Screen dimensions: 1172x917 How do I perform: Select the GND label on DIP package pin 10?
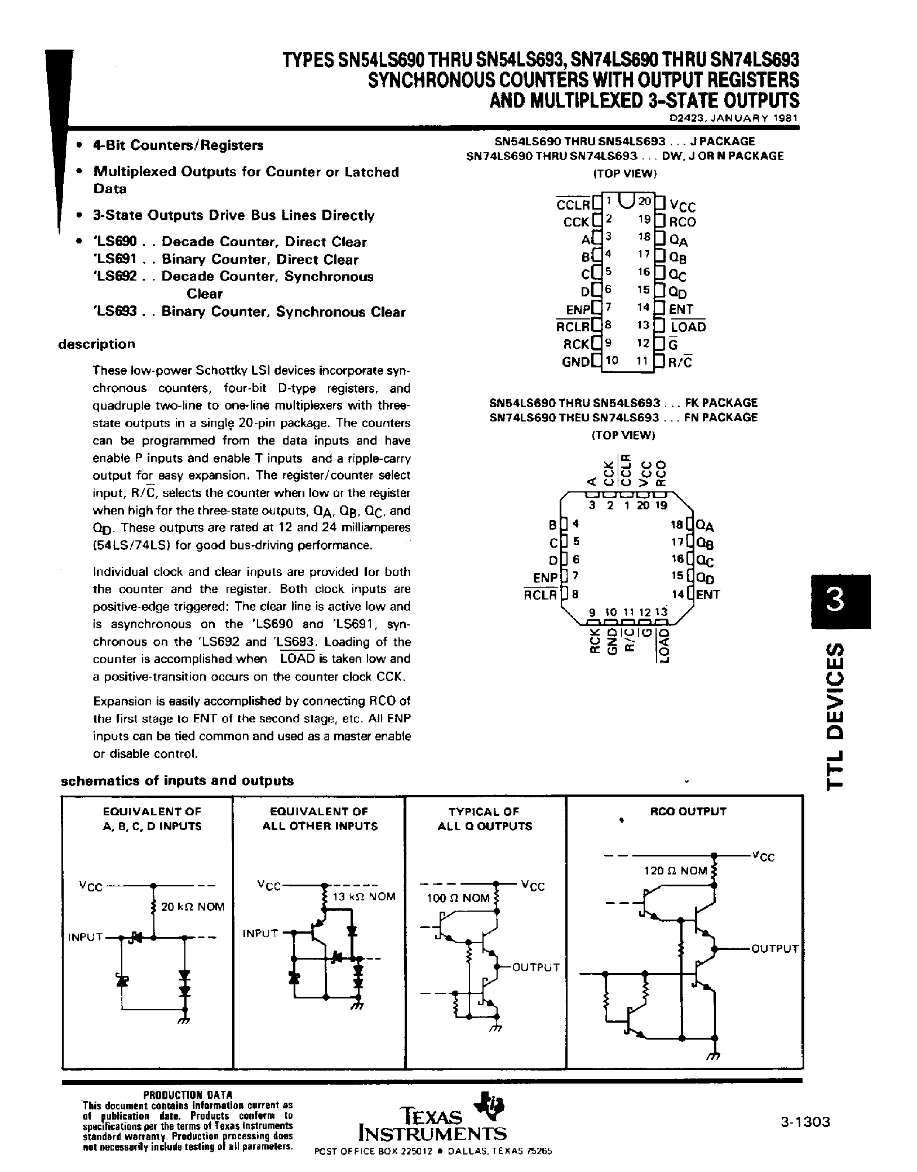tap(575, 362)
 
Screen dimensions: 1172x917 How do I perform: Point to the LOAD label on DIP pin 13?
tap(688, 327)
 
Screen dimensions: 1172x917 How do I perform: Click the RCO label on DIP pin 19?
tap(683, 222)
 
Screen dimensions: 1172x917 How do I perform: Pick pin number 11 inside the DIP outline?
tap(642, 361)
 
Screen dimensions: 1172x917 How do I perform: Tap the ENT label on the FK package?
tap(708, 594)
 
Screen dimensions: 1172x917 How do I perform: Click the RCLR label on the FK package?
tap(540, 594)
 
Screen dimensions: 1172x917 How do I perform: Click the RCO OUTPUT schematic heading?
tap(688, 811)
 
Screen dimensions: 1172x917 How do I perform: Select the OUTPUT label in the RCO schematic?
tap(775, 948)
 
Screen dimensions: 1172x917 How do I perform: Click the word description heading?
tap(97, 344)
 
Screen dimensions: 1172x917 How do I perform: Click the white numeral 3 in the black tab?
tap(835, 601)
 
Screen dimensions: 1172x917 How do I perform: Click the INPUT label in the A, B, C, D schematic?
tap(85, 937)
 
